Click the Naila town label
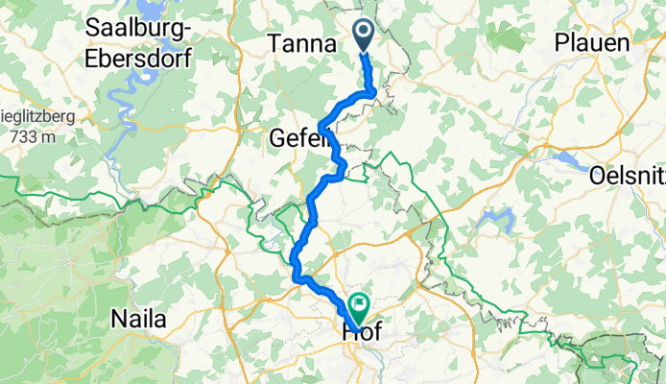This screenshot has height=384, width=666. (x=138, y=318)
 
